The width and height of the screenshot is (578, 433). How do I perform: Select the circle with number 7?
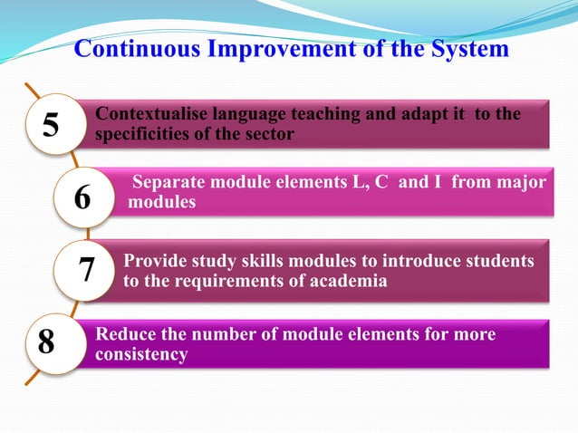88,269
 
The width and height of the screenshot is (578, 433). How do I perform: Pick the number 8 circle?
46,342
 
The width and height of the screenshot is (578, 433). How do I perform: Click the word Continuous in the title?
132,48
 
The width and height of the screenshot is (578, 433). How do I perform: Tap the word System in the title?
461,48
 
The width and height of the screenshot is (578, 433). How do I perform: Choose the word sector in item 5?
270,134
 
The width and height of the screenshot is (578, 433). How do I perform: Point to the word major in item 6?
521,184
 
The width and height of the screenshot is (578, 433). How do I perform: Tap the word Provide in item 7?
154,261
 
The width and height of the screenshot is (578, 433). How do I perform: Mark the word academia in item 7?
349,281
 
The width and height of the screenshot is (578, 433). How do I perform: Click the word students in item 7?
498,261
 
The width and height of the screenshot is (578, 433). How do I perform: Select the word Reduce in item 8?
126,334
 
